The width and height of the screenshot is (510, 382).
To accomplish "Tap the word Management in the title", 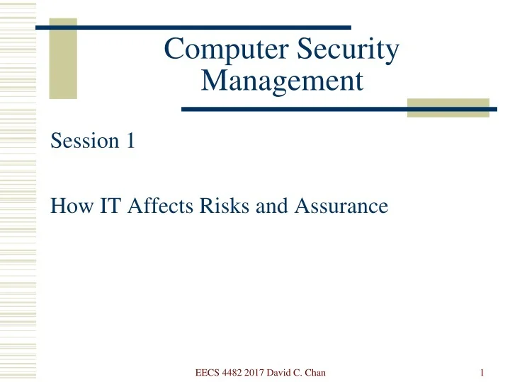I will pyautogui.click(x=282, y=81).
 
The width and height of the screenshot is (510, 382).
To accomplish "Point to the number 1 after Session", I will pyautogui.click(x=130, y=141).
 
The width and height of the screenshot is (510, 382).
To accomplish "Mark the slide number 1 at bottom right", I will pyautogui.click(x=481, y=373).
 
